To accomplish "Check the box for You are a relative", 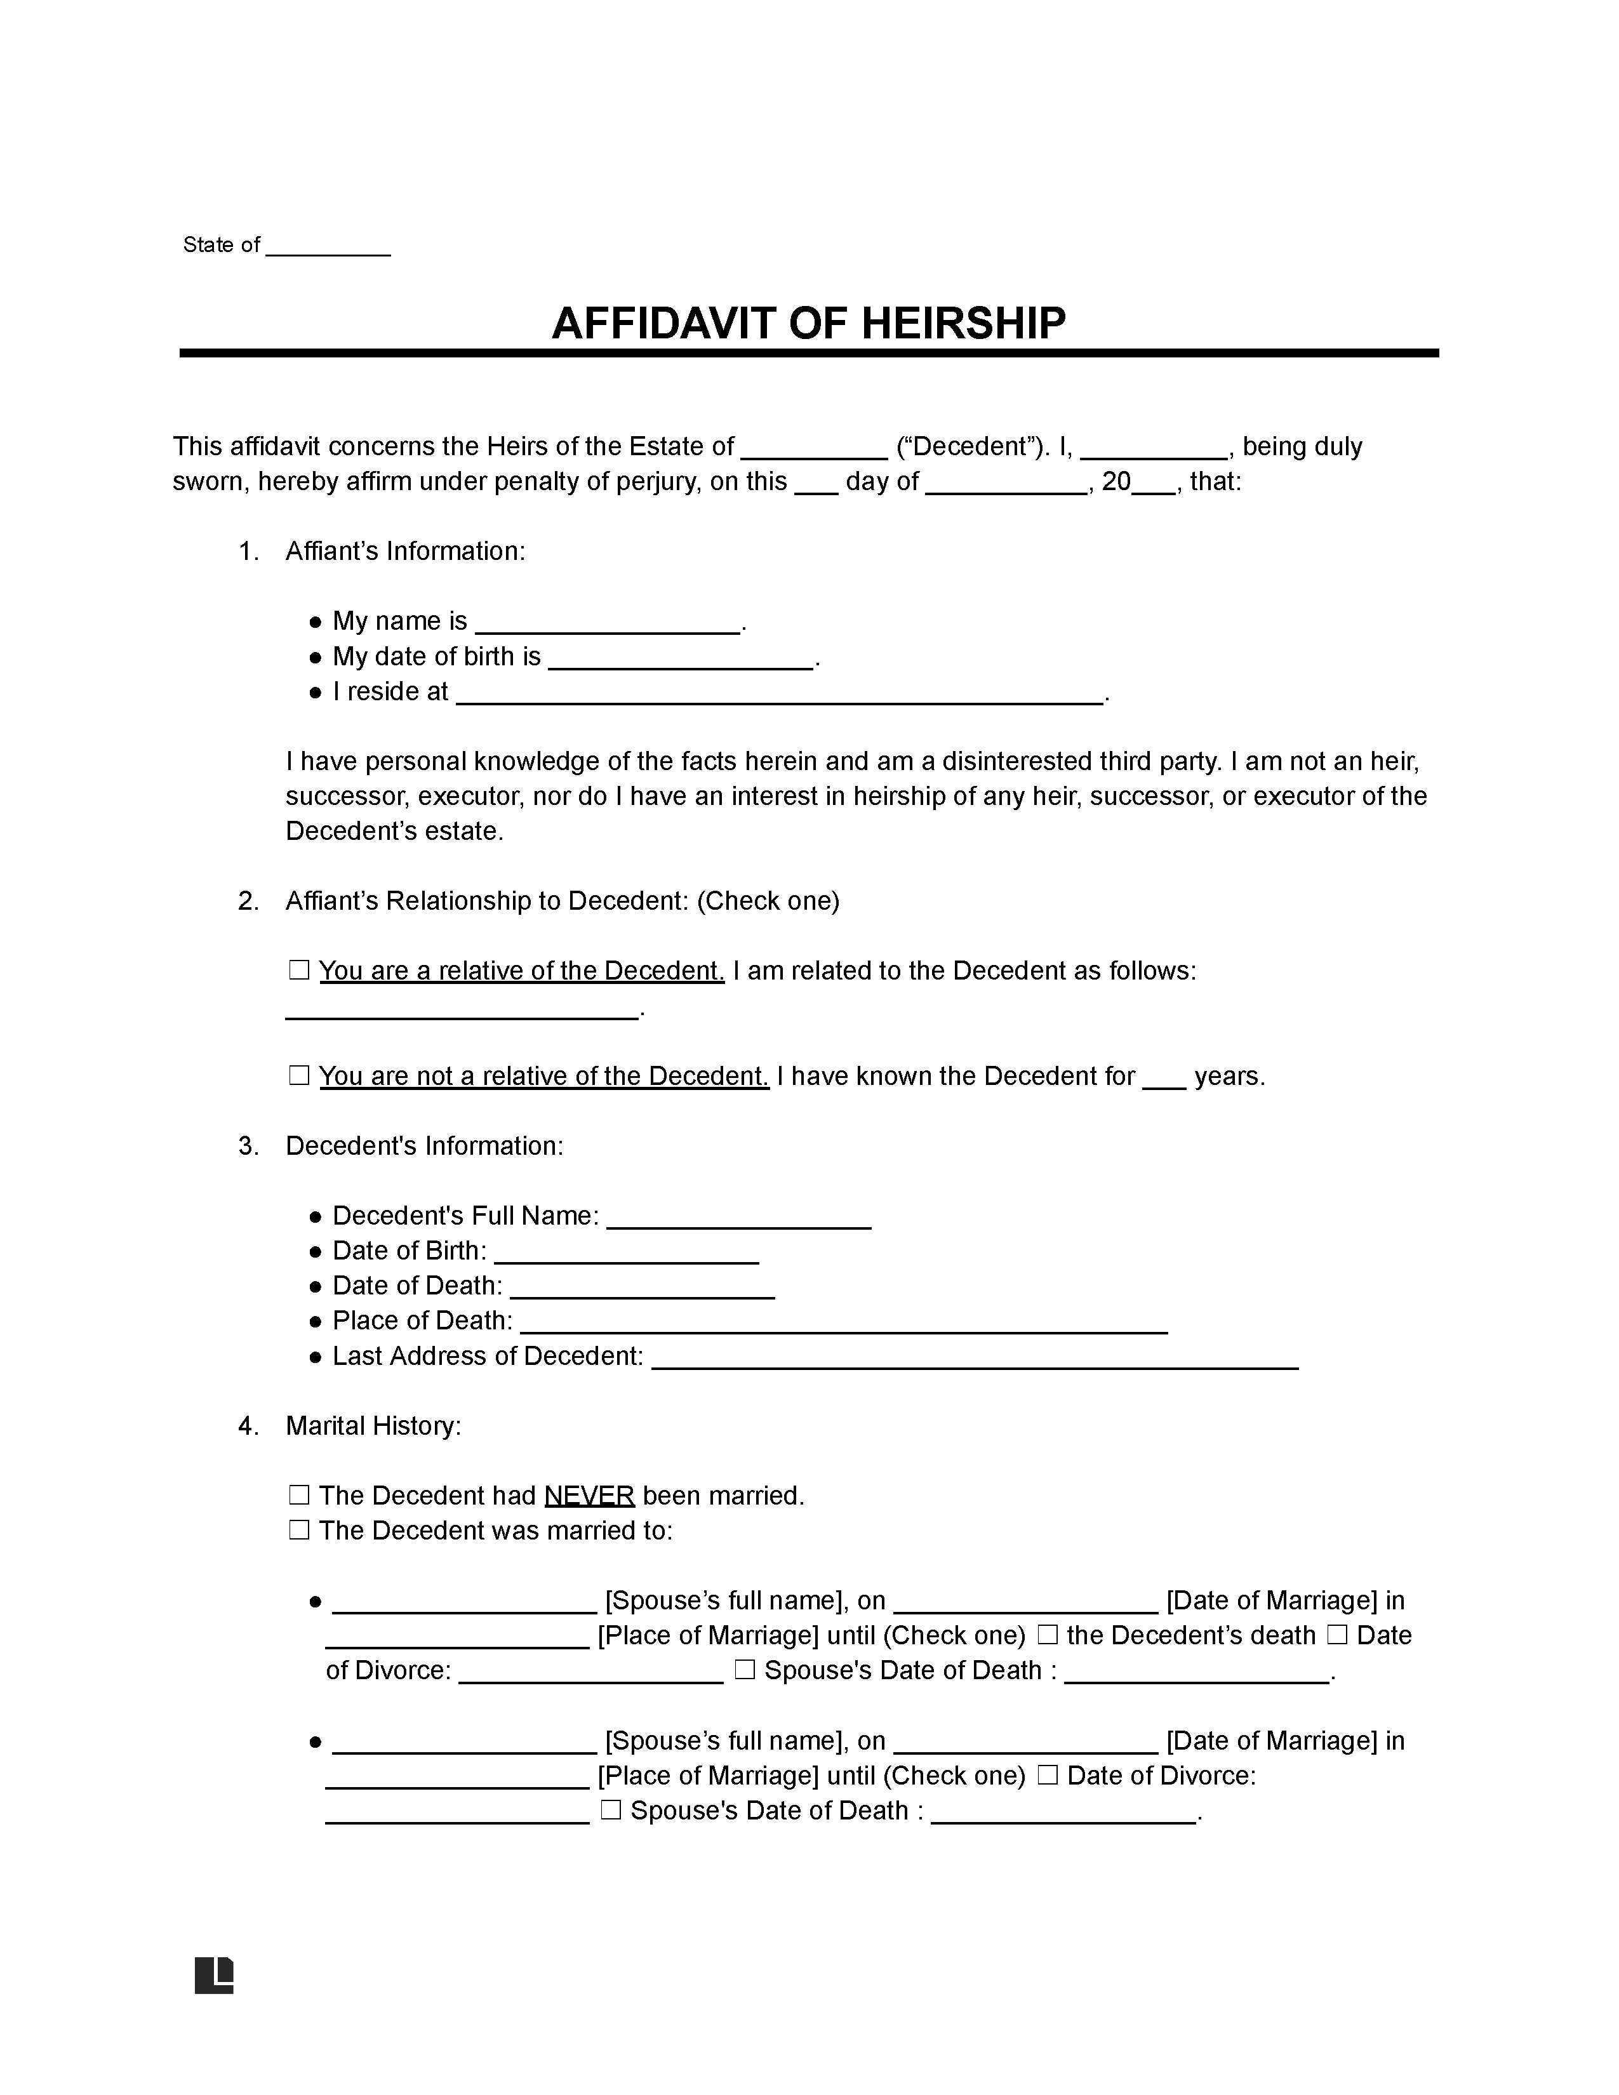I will [x=299, y=971].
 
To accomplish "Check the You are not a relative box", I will [x=299, y=1076].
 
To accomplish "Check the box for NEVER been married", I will [x=299, y=1496].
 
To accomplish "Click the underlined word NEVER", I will [x=589, y=1496].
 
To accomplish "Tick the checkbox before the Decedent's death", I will [x=1048, y=1635].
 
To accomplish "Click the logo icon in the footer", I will [x=214, y=1975].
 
